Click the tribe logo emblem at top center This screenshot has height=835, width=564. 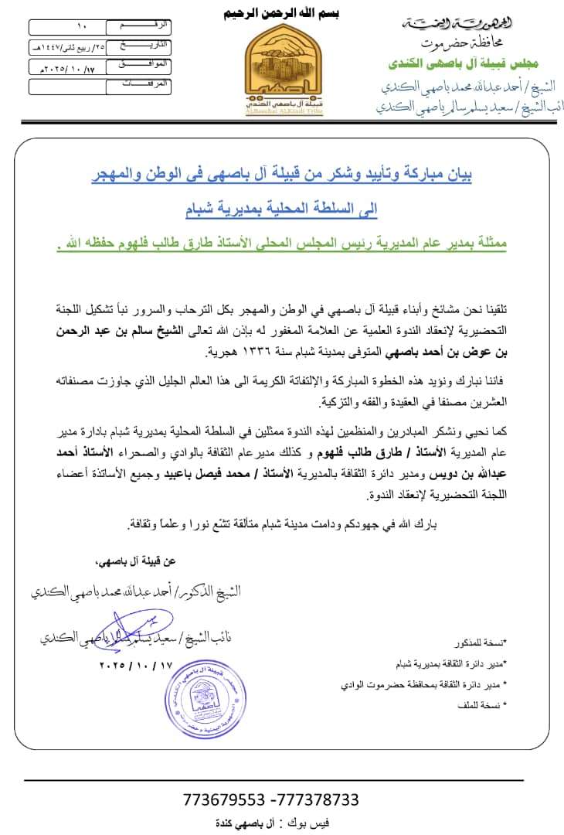(281, 70)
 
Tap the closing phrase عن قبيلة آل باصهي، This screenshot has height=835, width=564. (197, 561)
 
